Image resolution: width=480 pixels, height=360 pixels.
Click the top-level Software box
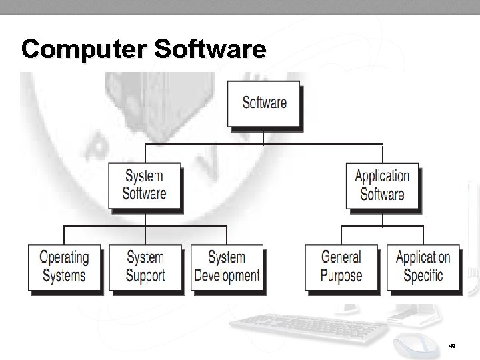264,103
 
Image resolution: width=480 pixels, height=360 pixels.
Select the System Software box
144,185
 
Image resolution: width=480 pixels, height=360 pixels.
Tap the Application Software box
382,185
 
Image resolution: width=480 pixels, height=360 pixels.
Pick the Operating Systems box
64,267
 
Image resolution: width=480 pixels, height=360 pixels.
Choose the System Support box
145,267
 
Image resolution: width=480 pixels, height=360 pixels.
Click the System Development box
227,267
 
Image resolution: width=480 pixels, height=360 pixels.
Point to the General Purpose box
341,267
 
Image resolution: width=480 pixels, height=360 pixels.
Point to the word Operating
64,258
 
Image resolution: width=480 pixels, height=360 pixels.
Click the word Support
145,276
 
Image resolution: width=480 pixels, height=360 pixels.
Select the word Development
227,276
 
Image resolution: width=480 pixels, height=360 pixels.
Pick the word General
341,258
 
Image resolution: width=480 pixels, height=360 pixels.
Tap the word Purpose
341,276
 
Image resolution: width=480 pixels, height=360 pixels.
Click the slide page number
452,345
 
